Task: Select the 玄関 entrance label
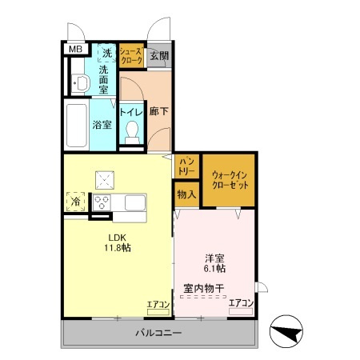coord(158,55)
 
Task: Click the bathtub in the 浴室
coord(75,125)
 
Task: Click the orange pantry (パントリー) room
coord(186,166)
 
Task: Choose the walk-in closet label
coord(230,179)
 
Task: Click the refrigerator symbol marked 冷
coord(76,202)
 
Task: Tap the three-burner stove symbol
coord(103,201)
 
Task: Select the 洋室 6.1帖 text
coord(214,263)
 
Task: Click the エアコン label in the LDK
coord(158,304)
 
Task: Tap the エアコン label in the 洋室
coord(241,303)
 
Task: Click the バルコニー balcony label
coord(158,332)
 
